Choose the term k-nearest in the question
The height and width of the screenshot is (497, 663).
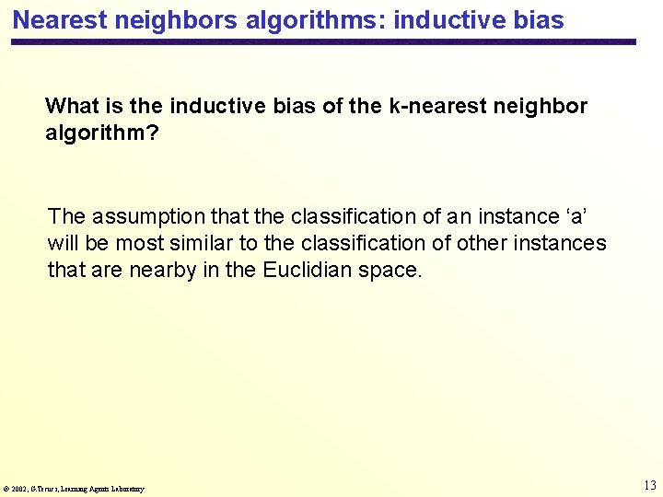(438, 106)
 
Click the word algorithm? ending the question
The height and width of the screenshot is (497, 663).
(102, 133)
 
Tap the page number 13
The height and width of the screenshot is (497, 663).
(650, 485)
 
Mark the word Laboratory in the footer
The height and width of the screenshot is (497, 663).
(126, 489)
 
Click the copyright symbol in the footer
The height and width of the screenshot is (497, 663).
(6, 489)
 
